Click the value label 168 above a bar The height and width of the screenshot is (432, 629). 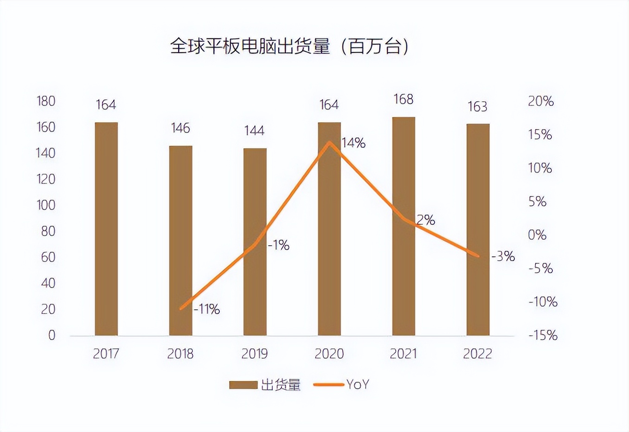pyautogui.click(x=403, y=99)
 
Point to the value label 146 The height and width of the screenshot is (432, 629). pyautogui.click(x=180, y=128)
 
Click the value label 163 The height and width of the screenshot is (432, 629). pyautogui.click(x=477, y=107)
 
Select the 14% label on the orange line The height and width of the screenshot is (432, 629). pyautogui.click(x=353, y=143)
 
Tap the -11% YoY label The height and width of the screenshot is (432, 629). pyautogui.click(x=206, y=309)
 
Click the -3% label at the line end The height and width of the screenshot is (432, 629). pyautogui.click(x=503, y=256)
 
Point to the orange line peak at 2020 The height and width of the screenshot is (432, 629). pyautogui.click(x=329, y=142)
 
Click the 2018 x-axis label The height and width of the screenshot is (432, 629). pyautogui.click(x=180, y=354)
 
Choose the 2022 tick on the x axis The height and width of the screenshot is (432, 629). pyautogui.click(x=477, y=354)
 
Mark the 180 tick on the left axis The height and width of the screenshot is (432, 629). pyautogui.click(x=46, y=101)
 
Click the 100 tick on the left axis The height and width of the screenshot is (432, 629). pyautogui.click(x=46, y=205)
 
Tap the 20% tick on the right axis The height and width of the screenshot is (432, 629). pyautogui.click(x=541, y=101)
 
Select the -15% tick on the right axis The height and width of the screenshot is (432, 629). pyautogui.click(x=543, y=335)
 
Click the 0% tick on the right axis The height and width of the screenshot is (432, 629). pyautogui.click(x=537, y=235)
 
